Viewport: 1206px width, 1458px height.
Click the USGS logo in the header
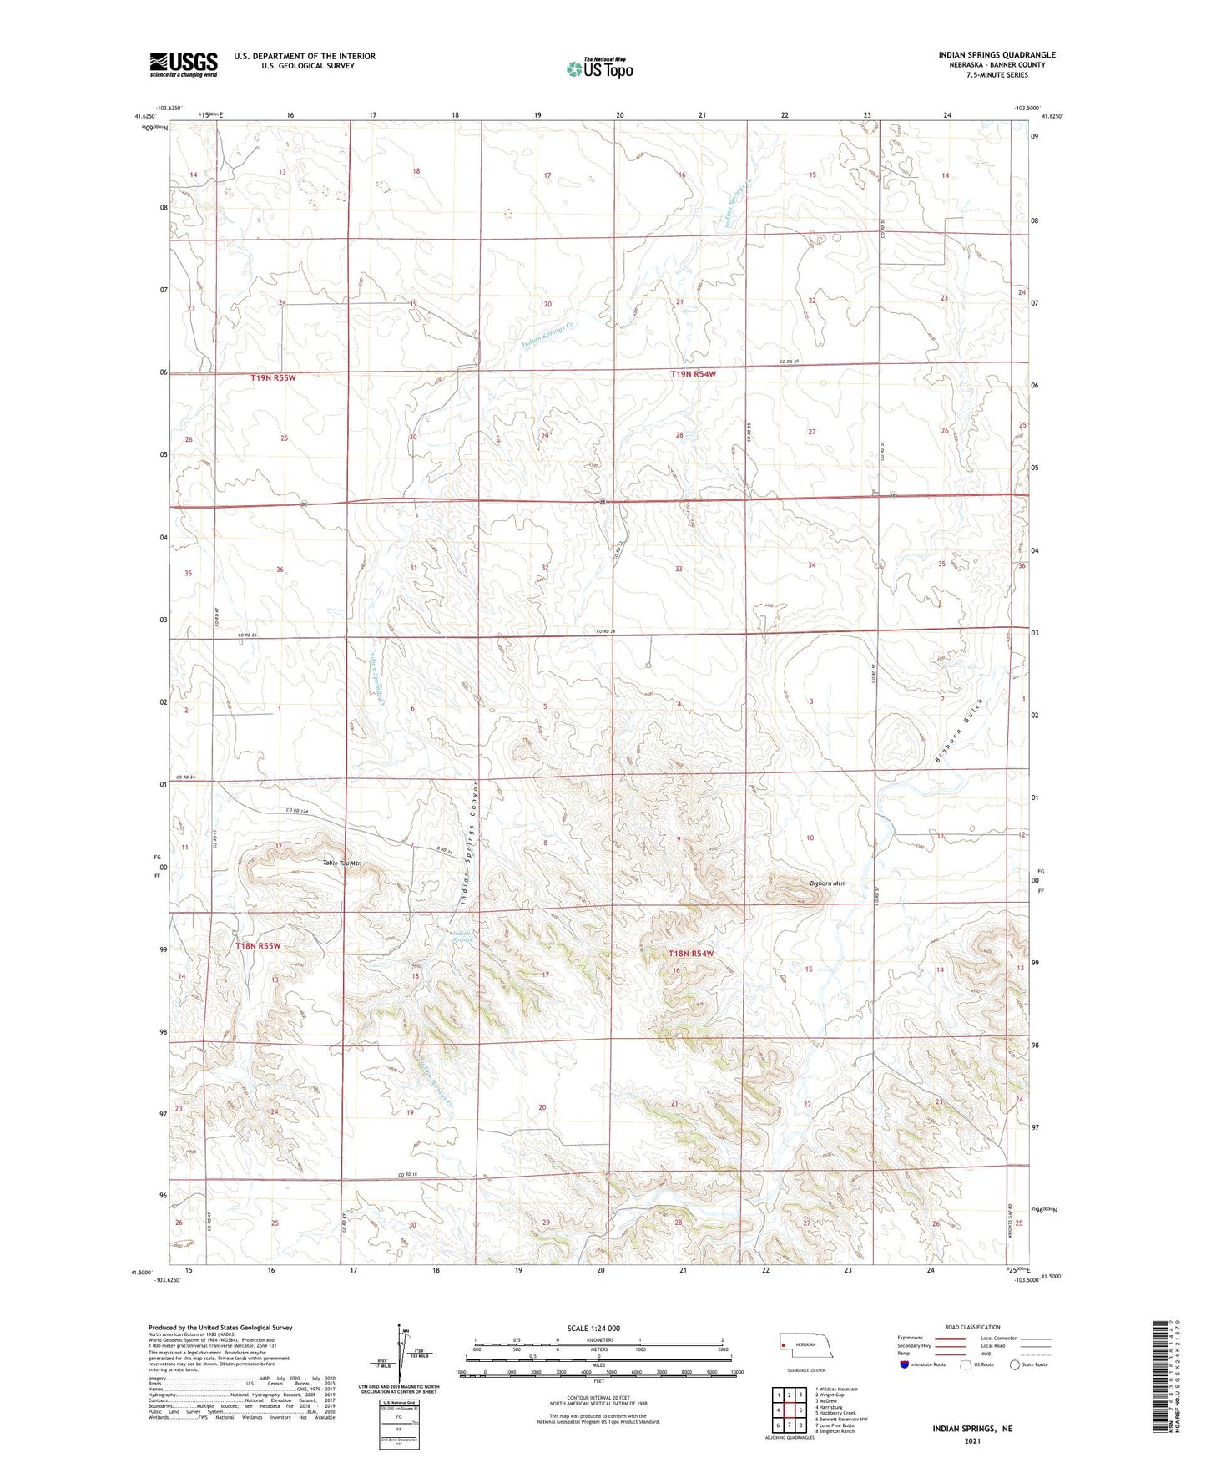coord(183,64)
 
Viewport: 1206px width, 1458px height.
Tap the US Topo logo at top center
coord(598,68)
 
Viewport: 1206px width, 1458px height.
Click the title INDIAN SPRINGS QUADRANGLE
coord(997,55)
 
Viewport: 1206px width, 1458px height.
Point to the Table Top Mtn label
coord(342,863)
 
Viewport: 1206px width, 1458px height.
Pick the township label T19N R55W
coord(274,377)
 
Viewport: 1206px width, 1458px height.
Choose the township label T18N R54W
coord(692,954)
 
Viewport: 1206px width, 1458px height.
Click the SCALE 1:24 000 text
coord(593,1328)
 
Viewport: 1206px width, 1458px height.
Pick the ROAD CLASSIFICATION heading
coord(972,1327)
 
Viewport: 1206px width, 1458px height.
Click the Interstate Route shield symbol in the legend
coord(905,1364)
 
